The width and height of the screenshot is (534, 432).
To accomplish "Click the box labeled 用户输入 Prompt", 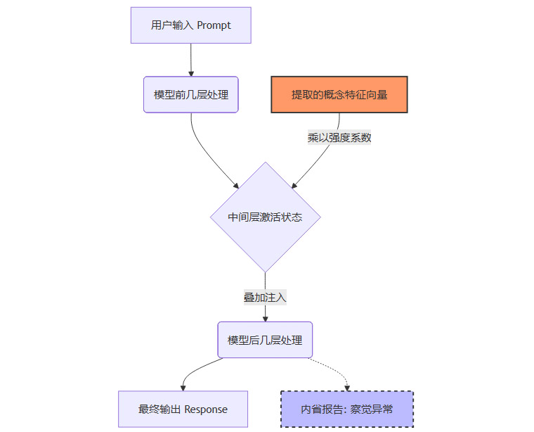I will point(190,25).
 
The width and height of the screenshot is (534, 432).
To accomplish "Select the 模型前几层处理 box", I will point(191,94).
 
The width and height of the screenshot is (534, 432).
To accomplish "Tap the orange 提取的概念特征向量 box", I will point(339,94).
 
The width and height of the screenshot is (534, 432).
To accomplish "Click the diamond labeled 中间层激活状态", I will point(265,217).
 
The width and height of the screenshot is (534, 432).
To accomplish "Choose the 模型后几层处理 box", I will point(265,340).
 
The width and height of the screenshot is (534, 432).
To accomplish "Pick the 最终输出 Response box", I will point(183,409).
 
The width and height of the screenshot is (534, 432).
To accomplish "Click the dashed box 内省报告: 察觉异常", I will point(347,409).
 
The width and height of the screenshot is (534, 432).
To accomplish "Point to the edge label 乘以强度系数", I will point(339,138).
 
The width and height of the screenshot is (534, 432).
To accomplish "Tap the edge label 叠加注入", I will point(265,298).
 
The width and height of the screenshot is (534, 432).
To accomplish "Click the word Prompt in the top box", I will point(214,25).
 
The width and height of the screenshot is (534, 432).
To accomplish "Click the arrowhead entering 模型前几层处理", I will point(191,73).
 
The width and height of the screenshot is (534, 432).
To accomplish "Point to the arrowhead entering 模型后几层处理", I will point(265,319).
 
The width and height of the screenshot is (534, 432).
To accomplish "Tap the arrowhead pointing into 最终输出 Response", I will point(183,387).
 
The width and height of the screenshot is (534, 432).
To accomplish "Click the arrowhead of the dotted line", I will point(347,387).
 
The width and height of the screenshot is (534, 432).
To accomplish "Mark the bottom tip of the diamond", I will point(265,272).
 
